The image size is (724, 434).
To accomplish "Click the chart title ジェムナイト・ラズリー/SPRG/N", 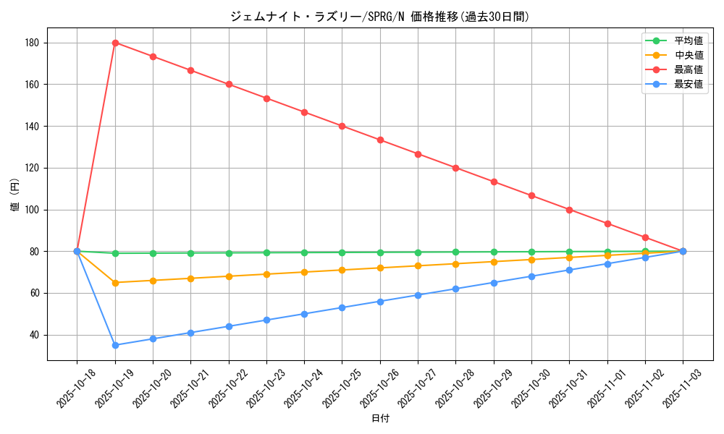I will pos(379,16).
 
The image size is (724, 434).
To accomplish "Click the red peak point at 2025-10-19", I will pos(115,43).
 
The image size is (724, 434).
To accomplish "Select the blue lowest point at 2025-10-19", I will pos(115,345).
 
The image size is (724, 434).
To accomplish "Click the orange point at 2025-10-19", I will pos(115,283).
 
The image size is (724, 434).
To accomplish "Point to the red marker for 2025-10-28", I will pos(455,168).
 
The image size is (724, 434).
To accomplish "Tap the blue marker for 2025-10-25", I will pos(342,307).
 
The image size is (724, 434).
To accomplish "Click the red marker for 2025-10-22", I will pos(229,84).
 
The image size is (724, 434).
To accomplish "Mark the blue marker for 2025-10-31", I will pos(569,270).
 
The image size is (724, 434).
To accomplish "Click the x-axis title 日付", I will pos(380,419).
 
